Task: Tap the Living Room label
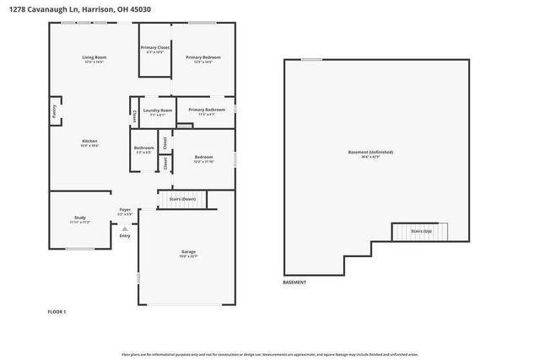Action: point(93,59)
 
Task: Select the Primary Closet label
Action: point(155,50)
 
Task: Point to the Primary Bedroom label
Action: point(202,59)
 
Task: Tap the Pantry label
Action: point(53,110)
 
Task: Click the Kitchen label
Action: point(89,142)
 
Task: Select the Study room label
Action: point(80,219)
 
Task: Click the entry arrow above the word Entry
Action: point(125,228)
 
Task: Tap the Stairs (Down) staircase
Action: point(182,200)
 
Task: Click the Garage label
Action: point(188,253)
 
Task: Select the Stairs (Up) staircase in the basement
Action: point(421,231)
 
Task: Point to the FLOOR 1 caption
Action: point(57,312)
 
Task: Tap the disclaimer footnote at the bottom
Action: point(269,354)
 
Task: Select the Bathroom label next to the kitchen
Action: point(143,150)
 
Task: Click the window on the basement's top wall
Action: point(311,60)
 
